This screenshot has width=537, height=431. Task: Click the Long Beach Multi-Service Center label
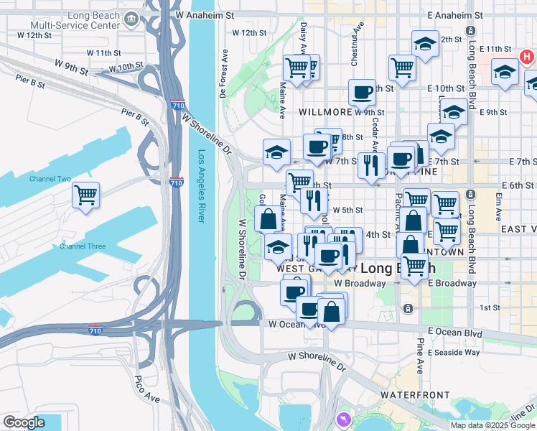tap(85, 19)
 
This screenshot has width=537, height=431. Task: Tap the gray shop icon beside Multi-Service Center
tap(131, 19)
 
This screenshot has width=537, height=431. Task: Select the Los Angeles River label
tap(202, 186)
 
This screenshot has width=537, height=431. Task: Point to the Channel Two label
tap(50, 179)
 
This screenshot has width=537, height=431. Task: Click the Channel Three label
tap(83, 246)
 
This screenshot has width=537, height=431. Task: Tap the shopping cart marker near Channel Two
tap(85, 195)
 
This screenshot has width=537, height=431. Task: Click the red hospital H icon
tap(527, 55)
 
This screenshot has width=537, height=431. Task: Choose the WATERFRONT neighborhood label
tap(415, 395)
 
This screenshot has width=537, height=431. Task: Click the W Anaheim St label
tap(205, 14)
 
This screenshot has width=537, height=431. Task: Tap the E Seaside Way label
tap(454, 352)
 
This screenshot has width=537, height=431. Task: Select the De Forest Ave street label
tap(223, 73)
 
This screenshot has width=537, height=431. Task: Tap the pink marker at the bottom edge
tap(343, 418)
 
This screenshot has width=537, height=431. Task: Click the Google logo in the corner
tap(24, 422)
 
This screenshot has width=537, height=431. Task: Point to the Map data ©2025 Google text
tap(492, 425)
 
